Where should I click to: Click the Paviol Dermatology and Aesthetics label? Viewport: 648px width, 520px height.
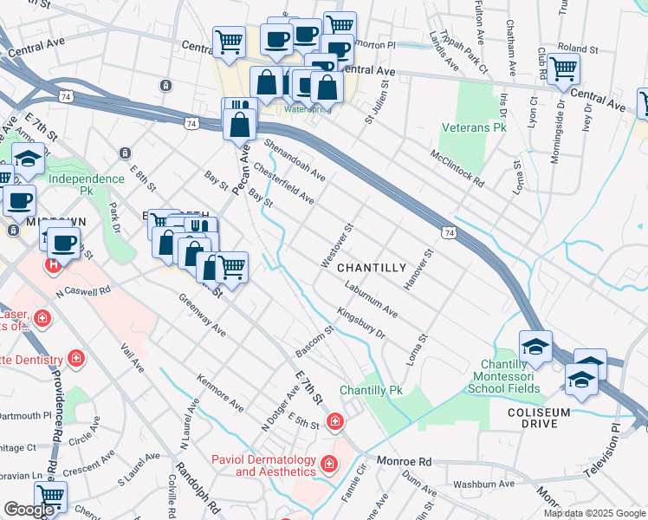point(267,465)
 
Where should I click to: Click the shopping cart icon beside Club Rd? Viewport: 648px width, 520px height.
point(563,68)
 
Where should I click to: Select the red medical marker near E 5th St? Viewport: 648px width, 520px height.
point(334,421)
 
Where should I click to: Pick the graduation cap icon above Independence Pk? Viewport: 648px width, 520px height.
point(29,158)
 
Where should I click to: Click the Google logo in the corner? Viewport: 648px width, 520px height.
point(29,510)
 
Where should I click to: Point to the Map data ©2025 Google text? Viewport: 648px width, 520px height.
point(595,513)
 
